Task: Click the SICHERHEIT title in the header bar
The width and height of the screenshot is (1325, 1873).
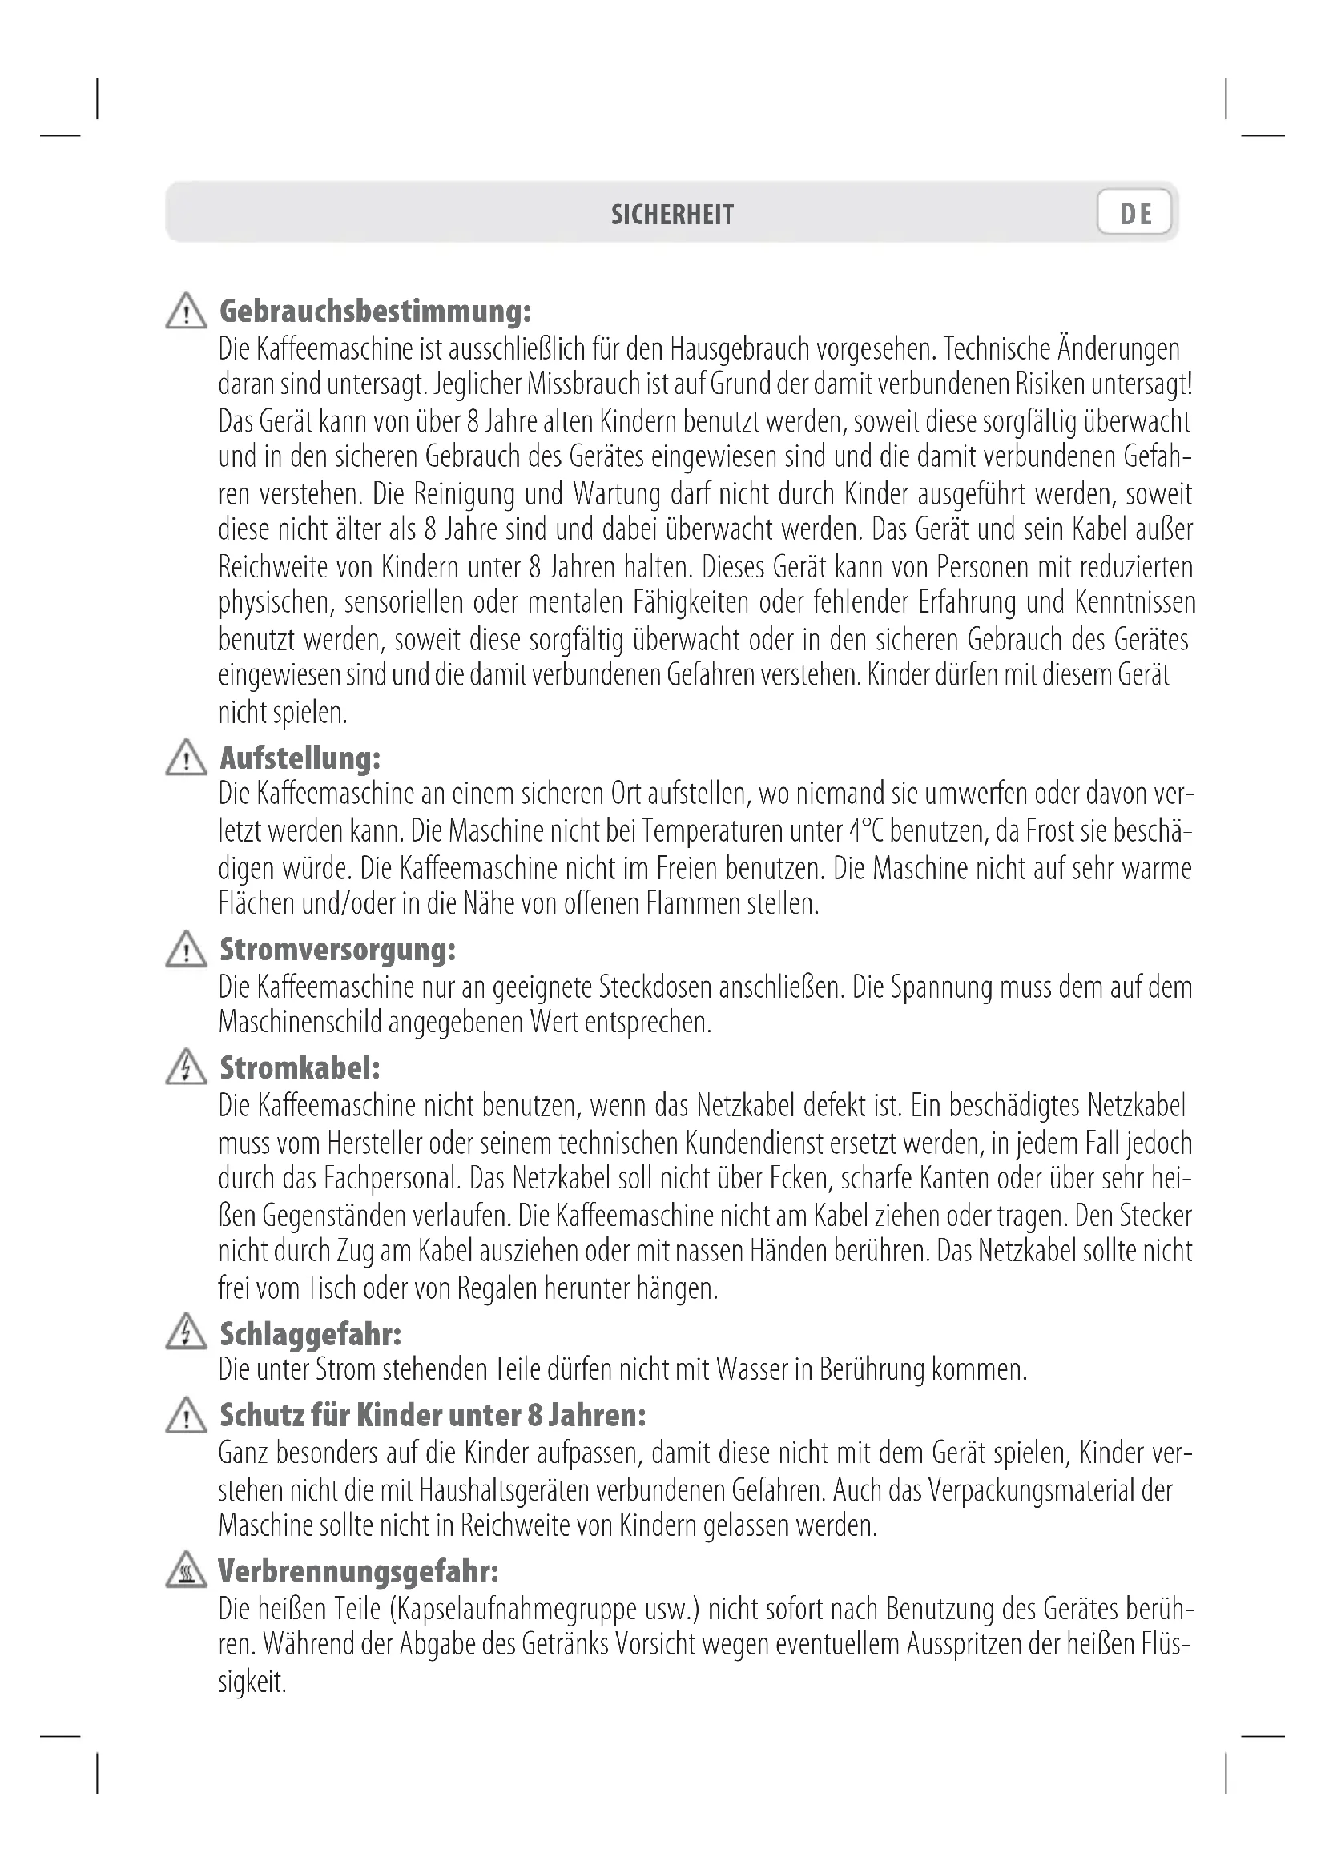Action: pyautogui.click(x=672, y=215)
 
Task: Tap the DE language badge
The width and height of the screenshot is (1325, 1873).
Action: pyautogui.click(x=1135, y=213)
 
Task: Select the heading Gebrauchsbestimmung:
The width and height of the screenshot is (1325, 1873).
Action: pyautogui.click(x=375, y=311)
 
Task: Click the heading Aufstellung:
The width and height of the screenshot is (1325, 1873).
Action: pyautogui.click(x=300, y=758)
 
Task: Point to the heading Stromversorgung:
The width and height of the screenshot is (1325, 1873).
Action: pyautogui.click(x=337, y=950)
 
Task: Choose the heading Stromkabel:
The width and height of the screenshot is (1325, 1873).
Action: pyautogui.click(x=300, y=1068)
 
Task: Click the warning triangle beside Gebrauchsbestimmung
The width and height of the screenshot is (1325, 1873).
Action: pyautogui.click(x=186, y=312)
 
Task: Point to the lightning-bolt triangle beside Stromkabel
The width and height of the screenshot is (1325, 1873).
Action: pyautogui.click(x=186, y=1068)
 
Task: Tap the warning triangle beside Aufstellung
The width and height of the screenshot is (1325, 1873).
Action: pyautogui.click(x=186, y=758)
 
